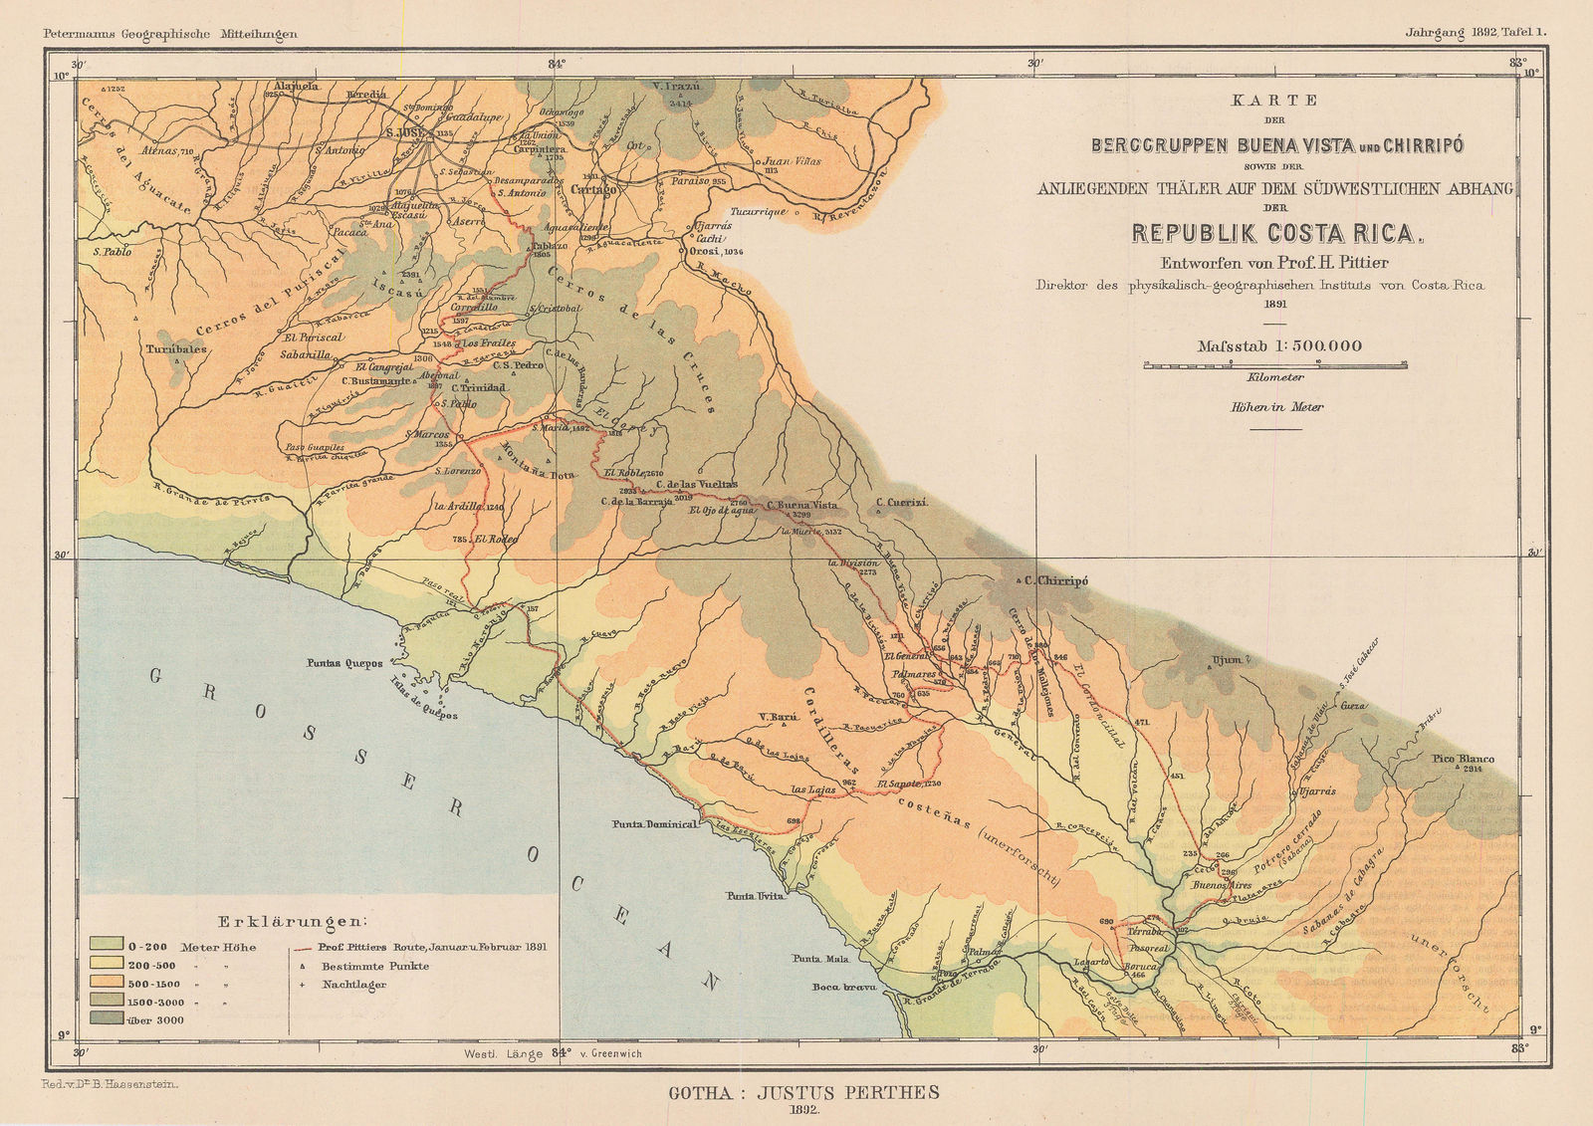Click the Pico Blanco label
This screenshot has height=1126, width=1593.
click(x=1464, y=759)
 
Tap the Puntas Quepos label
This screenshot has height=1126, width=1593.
click(x=344, y=662)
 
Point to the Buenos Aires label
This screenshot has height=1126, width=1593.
click(x=1221, y=884)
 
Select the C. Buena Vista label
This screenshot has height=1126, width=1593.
click(x=801, y=505)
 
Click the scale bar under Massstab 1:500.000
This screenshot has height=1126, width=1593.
click(x=1275, y=365)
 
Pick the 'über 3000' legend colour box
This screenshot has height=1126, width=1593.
click(x=106, y=1018)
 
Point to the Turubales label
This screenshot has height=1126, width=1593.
click(x=175, y=349)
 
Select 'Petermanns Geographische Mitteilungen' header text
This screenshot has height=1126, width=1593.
click(x=171, y=34)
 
